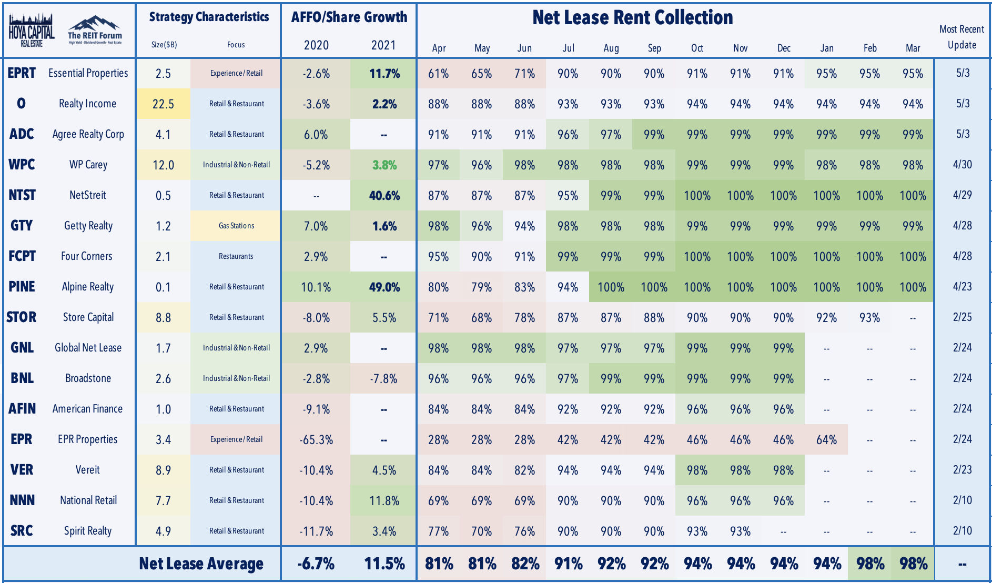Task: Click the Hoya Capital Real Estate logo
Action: (x=32, y=30)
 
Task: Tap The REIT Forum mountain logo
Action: (x=95, y=30)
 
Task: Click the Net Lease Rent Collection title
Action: (x=633, y=17)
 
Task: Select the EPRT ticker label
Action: (x=22, y=73)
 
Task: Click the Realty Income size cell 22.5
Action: (x=163, y=104)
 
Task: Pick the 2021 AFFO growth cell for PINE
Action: (x=384, y=287)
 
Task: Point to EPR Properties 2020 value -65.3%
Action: (x=316, y=439)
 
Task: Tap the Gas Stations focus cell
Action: (x=236, y=226)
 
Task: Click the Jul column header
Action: (x=568, y=48)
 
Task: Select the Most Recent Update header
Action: (x=962, y=37)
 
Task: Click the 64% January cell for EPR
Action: (x=826, y=439)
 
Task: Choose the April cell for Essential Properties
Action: (x=438, y=73)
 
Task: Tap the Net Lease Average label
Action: (x=201, y=564)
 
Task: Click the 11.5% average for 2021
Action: (x=384, y=564)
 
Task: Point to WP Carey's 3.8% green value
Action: (x=384, y=165)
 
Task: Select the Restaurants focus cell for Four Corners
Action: (x=236, y=256)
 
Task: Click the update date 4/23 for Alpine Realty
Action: (x=963, y=287)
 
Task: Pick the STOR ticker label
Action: (x=22, y=317)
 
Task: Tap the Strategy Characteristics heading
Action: (x=209, y=17)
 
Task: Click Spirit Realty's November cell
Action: (x=740, y=531)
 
